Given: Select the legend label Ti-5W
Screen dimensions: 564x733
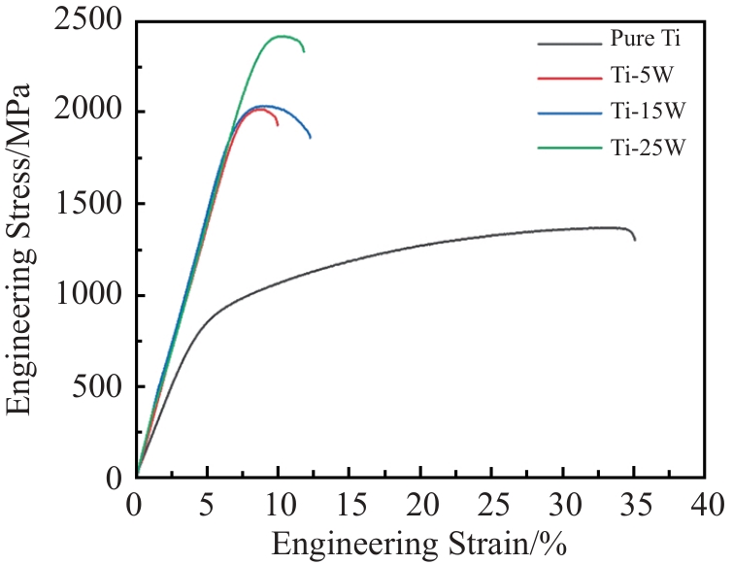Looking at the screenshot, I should pos(637,76).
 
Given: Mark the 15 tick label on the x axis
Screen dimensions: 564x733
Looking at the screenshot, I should pos(350,506).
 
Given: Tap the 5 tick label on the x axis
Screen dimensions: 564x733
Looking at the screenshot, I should pos(207,506).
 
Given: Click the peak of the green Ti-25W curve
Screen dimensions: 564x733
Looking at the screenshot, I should pos(283,36).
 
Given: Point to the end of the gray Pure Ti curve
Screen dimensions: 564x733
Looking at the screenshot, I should pos(635,240).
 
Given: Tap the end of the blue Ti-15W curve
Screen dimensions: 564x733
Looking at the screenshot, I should pos(311,138).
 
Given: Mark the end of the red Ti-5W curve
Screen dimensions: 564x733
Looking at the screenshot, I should pos(278,125).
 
